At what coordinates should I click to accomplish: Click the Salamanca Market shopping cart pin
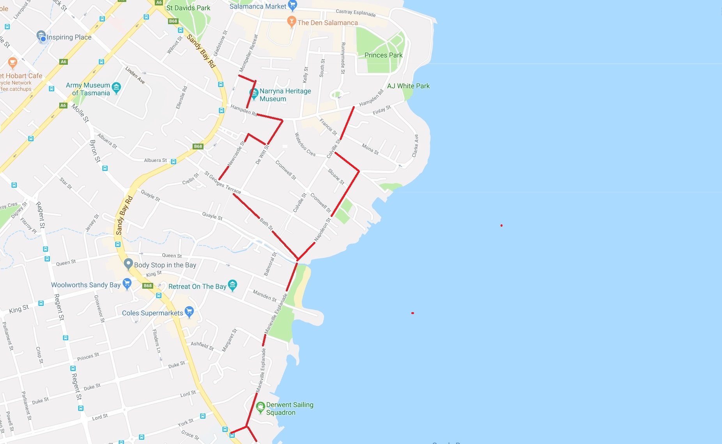tap(292, 5)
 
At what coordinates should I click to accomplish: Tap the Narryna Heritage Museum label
tap(285, 95)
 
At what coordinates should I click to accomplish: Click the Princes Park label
tap(383, 55)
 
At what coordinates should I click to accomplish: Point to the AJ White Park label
tap(408, 86)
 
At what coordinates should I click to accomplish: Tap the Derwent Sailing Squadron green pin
tap(260, 407)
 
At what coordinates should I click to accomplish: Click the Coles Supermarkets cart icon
tap(189, 311)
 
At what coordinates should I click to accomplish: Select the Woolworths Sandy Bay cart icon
tap(127, 283)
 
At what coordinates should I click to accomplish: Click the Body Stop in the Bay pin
tap(128, 264)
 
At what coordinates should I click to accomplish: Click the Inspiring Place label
tap(69, 37)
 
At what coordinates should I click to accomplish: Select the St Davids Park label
tap(188, 8)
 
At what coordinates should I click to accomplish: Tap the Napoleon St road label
tap(322, 229)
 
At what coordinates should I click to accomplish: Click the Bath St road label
tap(266, 224)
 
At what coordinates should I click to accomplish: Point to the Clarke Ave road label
tap(415, 146)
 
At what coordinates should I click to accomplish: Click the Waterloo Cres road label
tap(305, 144)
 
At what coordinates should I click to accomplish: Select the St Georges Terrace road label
tap(223, 182)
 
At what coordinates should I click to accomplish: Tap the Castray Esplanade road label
tap(356, 13)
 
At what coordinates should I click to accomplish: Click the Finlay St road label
tap(381, 110)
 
